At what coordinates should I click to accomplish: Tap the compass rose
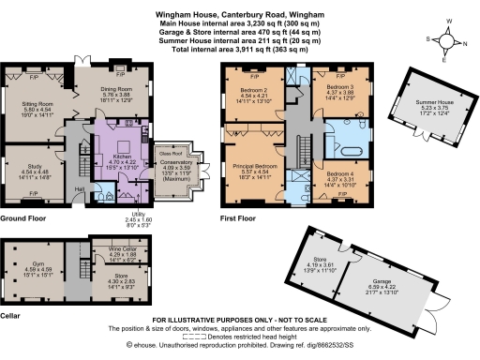[447, 40]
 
